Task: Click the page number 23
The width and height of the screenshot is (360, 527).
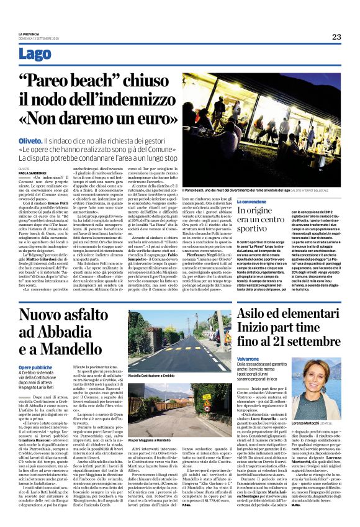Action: tap(336, 37)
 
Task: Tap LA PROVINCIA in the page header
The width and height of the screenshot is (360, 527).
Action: tap(29, 34)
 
